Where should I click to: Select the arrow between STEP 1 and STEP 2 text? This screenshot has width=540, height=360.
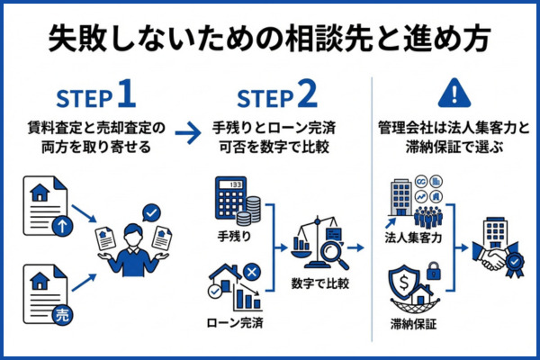click(186, 134)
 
